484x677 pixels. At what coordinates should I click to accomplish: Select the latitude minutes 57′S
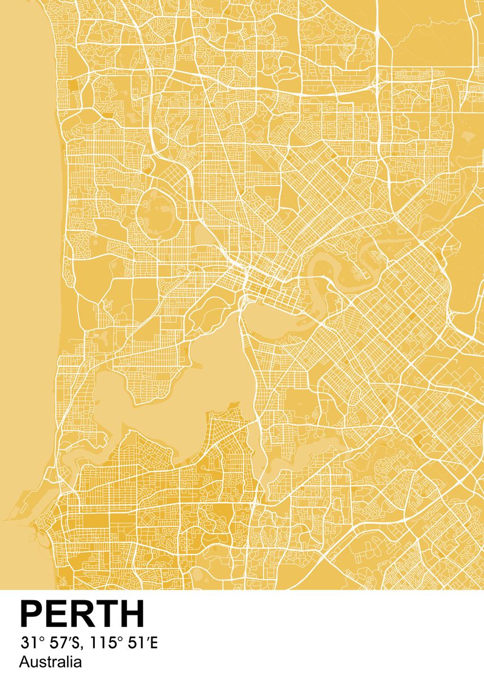click(x=63, y=643)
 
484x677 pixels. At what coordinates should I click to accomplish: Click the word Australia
click(x=50, y=662)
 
